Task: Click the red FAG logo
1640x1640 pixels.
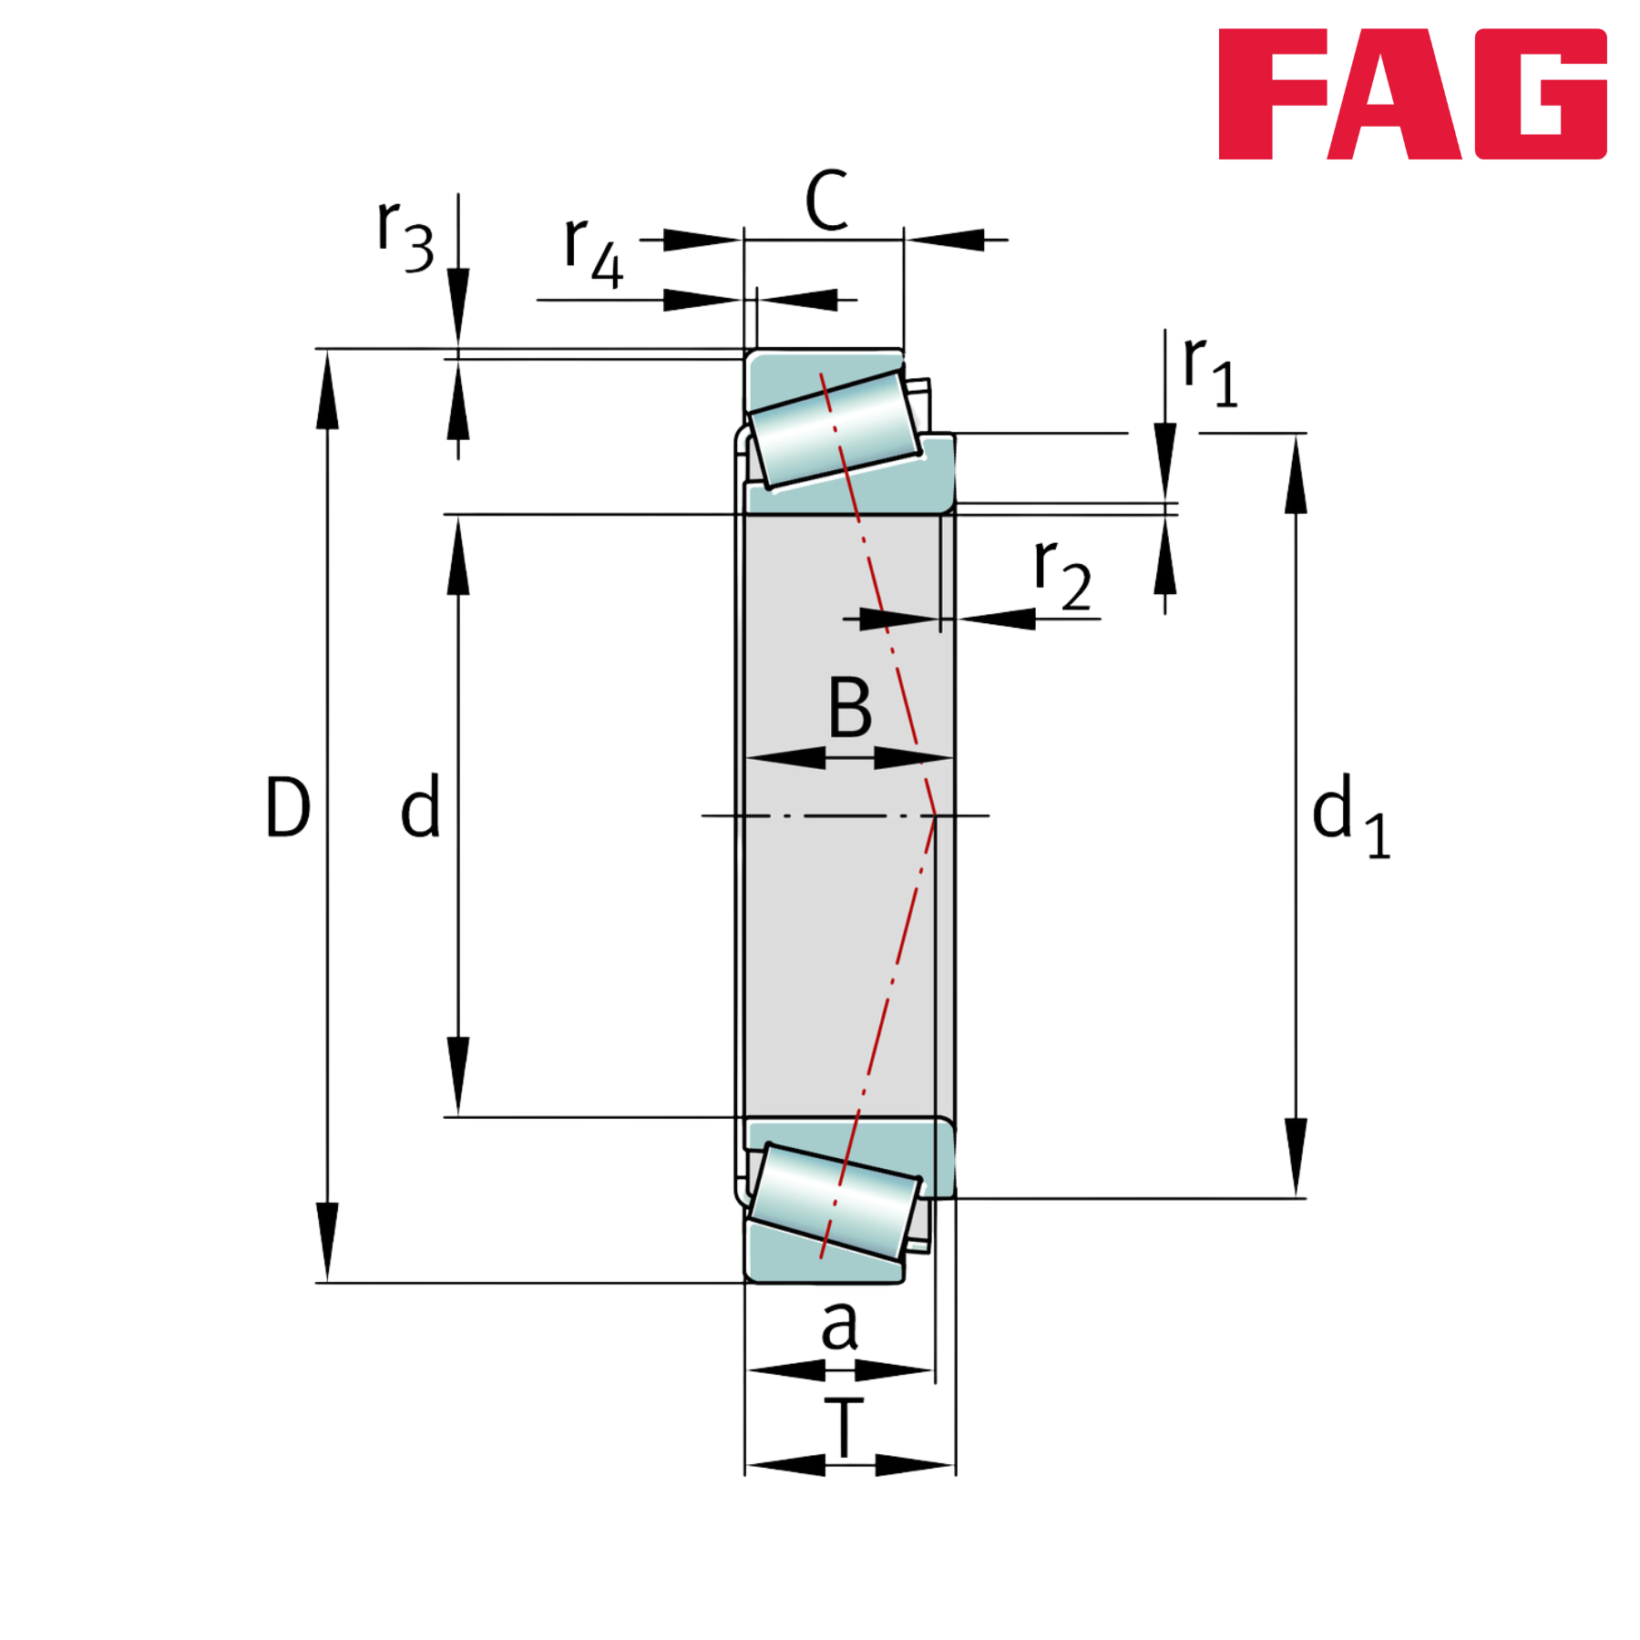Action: [1412, 94]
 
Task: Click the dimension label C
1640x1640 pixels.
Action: [827, 200]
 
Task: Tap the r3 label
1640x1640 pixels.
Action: [405, 235]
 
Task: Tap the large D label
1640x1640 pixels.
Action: [287, 806]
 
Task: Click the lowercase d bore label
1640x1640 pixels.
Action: [420, 805]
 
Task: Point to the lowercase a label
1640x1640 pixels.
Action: [839, 1326]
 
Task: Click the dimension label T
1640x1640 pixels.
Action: [845, 1427]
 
